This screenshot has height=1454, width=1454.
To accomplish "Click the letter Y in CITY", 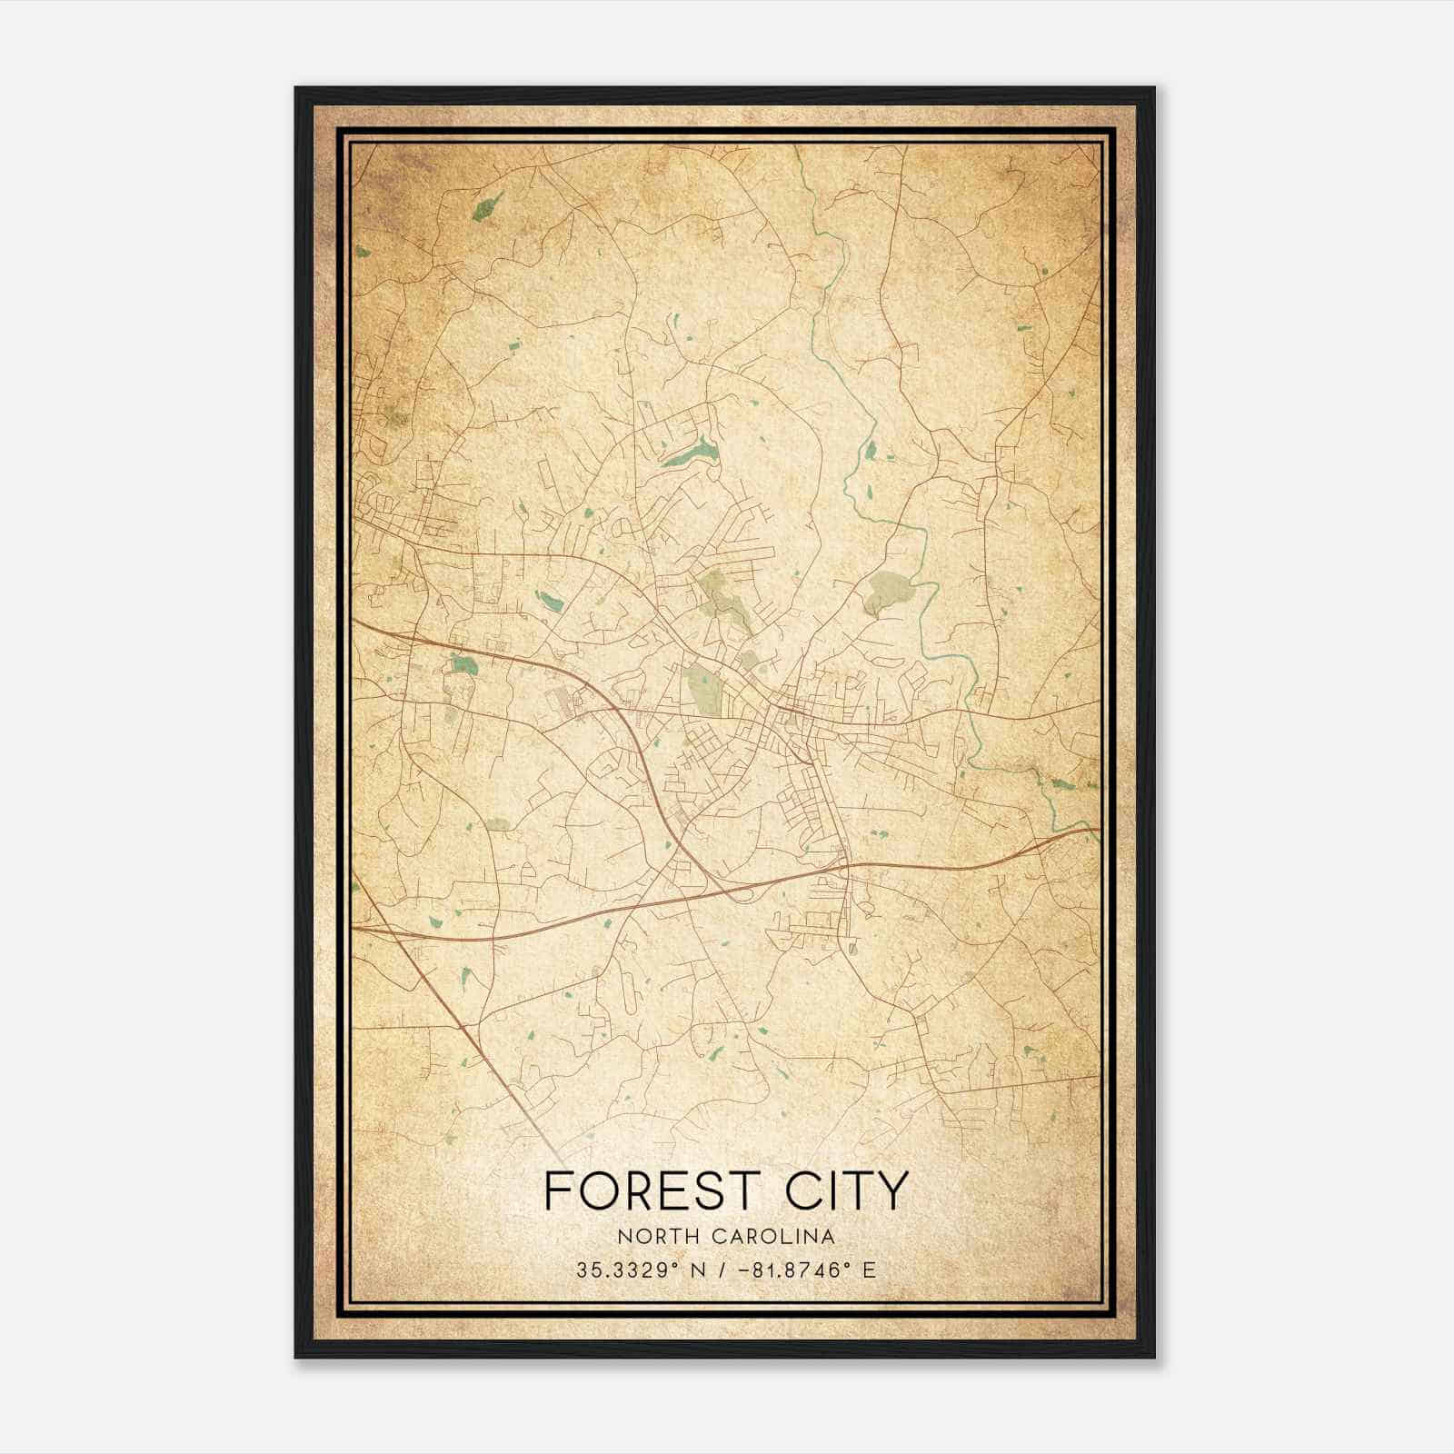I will (892, 1190).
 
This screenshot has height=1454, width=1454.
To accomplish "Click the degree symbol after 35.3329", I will (673, 1265).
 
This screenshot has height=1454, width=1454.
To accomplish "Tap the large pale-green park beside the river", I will (885, 591).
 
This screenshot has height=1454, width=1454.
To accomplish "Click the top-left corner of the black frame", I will (297, 89).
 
